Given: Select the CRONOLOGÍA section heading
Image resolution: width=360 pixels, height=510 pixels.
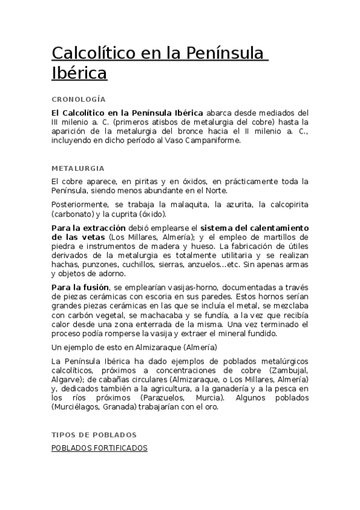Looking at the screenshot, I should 79,99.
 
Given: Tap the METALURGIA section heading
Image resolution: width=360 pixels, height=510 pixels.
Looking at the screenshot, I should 78,168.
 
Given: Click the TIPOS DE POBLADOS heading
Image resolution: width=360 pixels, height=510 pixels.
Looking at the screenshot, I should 94,434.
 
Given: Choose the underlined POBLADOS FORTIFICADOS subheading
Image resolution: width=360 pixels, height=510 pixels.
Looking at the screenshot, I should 99,448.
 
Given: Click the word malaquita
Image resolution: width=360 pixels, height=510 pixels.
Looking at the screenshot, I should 185,204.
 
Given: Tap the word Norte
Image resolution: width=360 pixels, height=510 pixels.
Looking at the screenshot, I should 214,191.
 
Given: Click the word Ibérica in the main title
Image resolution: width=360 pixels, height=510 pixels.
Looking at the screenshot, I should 79,73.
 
